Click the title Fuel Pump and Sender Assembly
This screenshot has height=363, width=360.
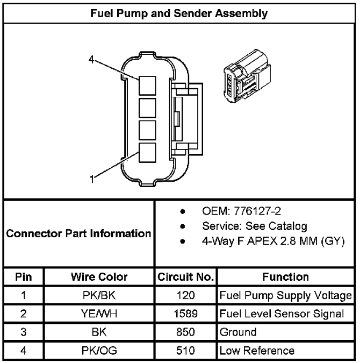(179, 13)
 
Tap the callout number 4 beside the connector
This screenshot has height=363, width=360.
(91, 60)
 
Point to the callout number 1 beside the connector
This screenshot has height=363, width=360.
(92, 179)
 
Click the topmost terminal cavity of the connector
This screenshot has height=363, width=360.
(147, 86)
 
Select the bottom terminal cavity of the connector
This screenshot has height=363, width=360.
(147, 153)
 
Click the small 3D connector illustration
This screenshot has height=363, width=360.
(247, 76)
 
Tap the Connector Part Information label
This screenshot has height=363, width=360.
(78, 233)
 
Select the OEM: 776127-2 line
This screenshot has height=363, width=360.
(241, 211)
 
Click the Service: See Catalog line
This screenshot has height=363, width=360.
(255, 226)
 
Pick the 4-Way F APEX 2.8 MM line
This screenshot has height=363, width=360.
(273, 241)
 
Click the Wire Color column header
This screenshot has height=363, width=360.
(99, 277)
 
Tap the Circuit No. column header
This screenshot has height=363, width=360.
(185, 277)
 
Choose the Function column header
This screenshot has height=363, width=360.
(286, 277)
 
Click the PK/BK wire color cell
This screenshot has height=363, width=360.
(99, 295)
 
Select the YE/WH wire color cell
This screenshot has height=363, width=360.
(99, 314)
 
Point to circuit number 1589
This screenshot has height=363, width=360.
(185, 314)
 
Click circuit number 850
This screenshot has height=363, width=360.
(185, 332)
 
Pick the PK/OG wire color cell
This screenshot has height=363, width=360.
(99, 351)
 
